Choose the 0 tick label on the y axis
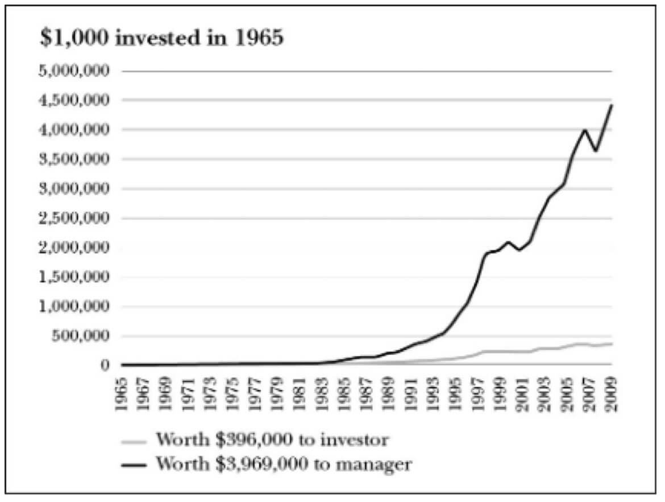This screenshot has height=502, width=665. (x=103, y=365)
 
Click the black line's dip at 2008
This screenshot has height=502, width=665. (x=596, y=151)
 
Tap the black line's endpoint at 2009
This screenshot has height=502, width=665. (x=612, y=105)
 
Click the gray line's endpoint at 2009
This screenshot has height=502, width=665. (x=612, y=343)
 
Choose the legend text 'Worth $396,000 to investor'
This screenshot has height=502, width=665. (x=272, y=440)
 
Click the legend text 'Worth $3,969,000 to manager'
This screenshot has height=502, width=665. (x=283, y=464)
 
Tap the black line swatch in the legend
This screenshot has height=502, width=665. (x=135, y=465)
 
